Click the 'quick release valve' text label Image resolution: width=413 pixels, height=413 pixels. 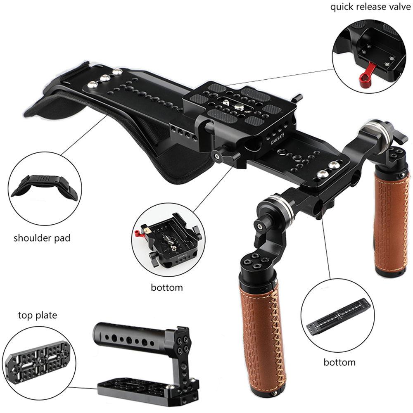click(x=370, y=8)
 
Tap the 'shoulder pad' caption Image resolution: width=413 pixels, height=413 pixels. click(x=42, y=238)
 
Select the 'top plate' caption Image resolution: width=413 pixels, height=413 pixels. click(x=37, y=316)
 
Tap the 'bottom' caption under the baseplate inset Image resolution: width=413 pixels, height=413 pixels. click(x=167, y=287)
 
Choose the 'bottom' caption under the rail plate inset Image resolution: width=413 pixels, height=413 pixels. click(x=339, y=362)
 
